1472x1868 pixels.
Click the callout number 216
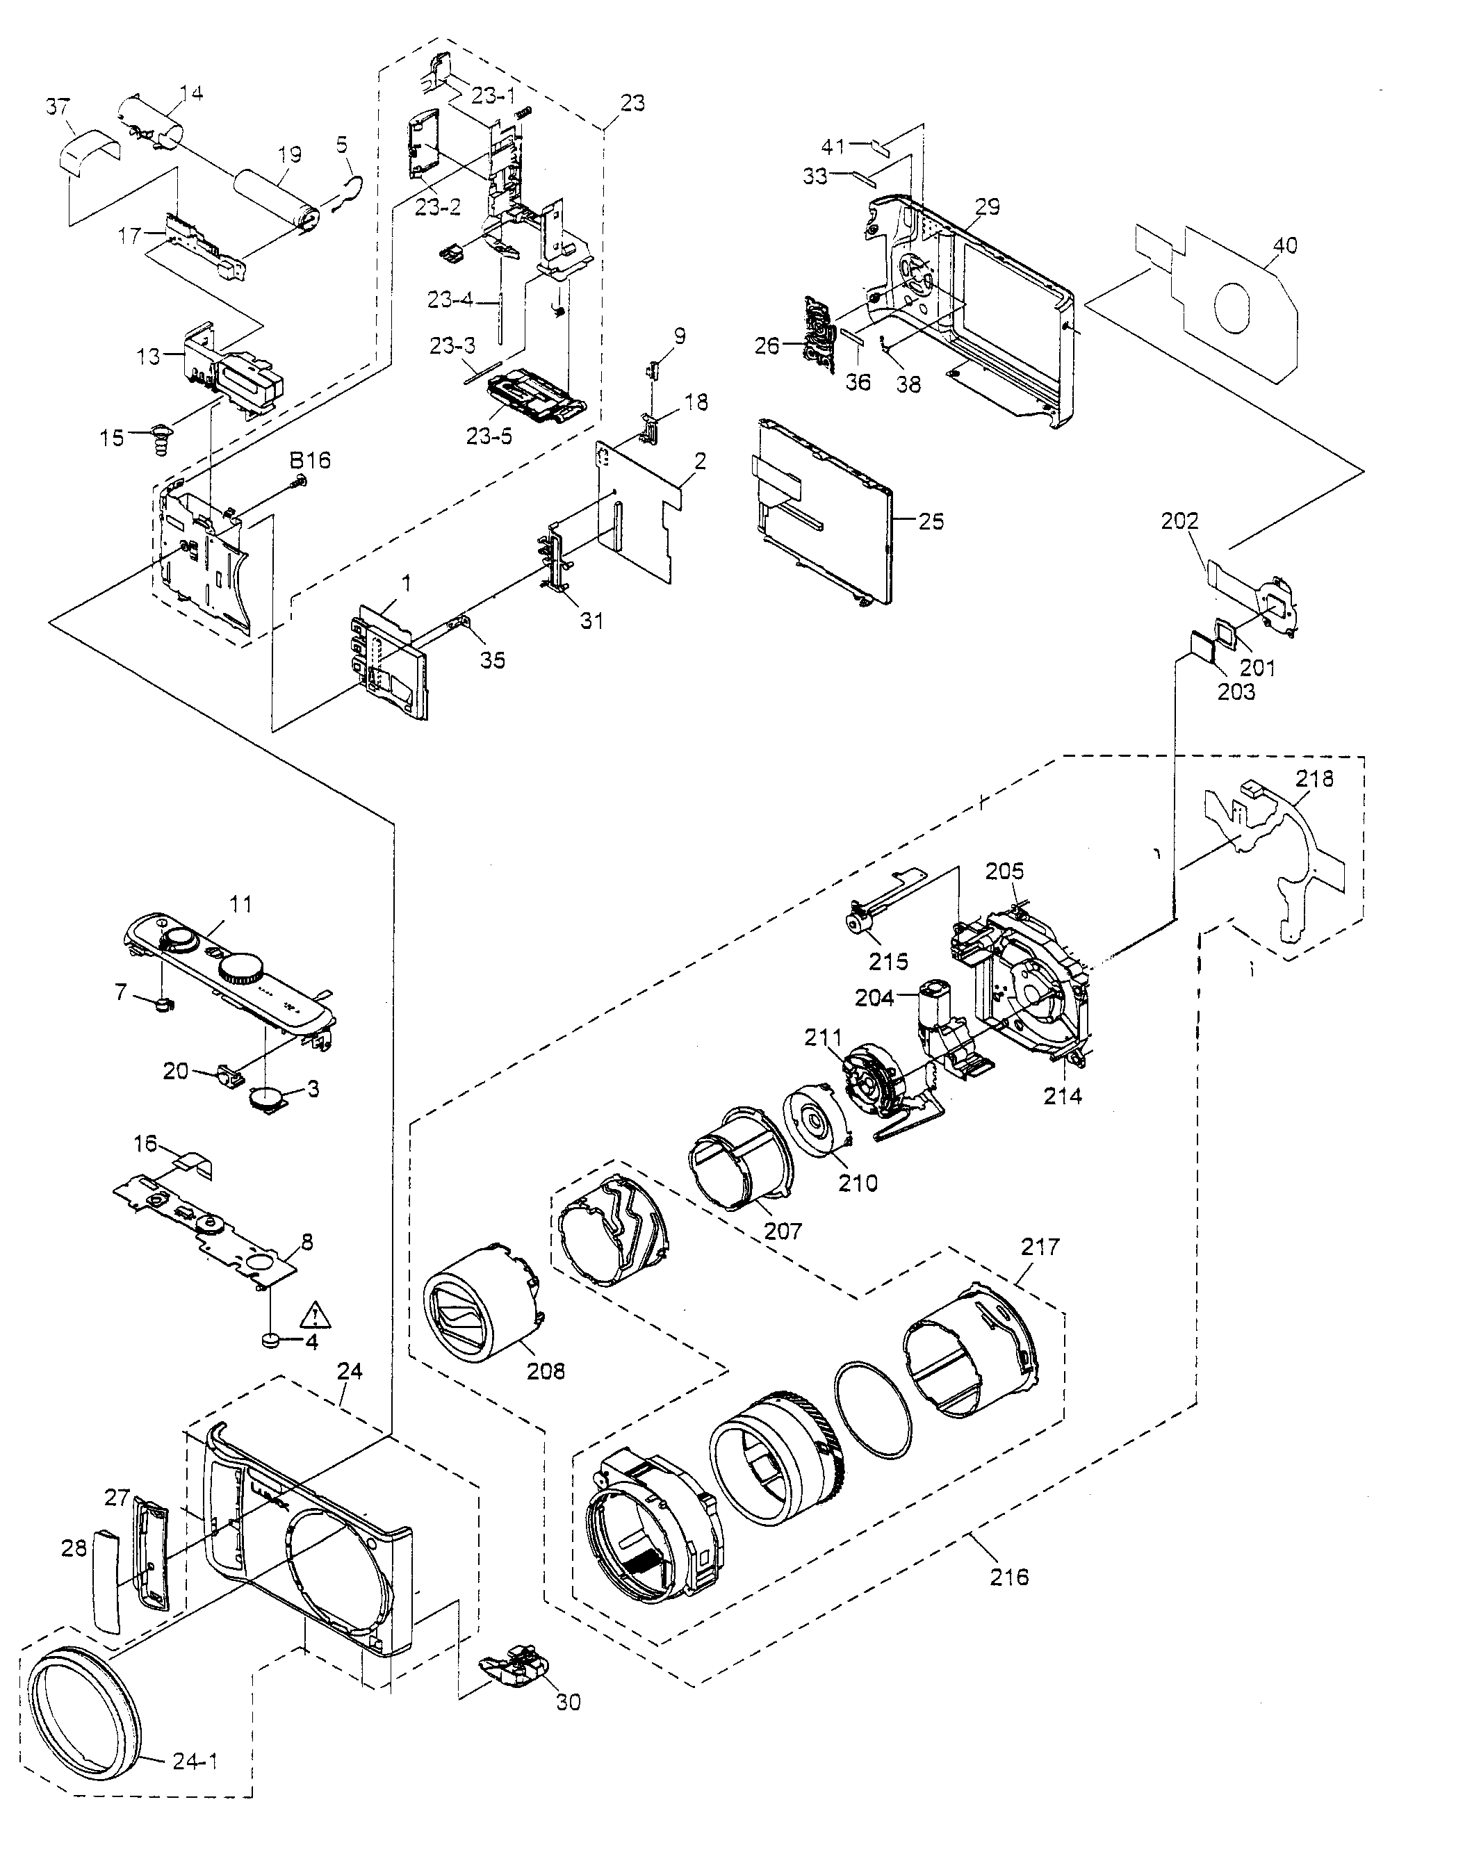(1009, 1577)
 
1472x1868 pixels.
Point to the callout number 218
(1314, 779)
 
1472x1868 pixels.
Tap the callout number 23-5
(489, 436)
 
